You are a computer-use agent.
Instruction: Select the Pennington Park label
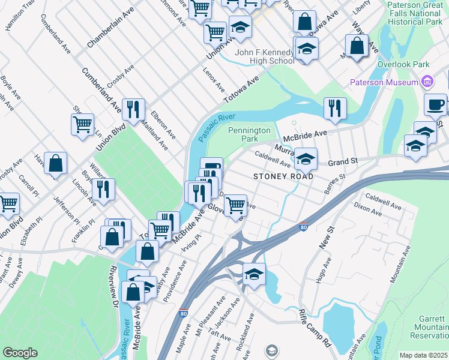pyautogui.click(x=250, y=134)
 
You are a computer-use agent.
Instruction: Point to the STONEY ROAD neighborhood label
pyautogui.click(x=283, y=177)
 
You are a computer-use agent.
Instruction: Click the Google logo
pyautogui.click(x=20, y=352)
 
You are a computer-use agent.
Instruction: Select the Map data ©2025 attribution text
pyautogui.click(x=423, y=355)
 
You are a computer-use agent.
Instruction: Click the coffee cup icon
pyautogui.click(x=436, y=104)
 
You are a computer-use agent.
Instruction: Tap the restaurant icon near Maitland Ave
pyautogui.click(x=133, y=109)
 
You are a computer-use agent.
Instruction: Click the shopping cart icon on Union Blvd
pyautogui.click(x=82, y=124)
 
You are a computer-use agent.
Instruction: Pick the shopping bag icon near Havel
pyautogui.click(x=55, y=163)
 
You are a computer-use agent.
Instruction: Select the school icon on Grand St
pyautogui.click(x=306, y=159)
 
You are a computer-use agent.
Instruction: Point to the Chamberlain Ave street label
pyautogui.click(x=110, y=28)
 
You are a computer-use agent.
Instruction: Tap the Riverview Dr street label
pyautogui.click(x=113, y=287)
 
